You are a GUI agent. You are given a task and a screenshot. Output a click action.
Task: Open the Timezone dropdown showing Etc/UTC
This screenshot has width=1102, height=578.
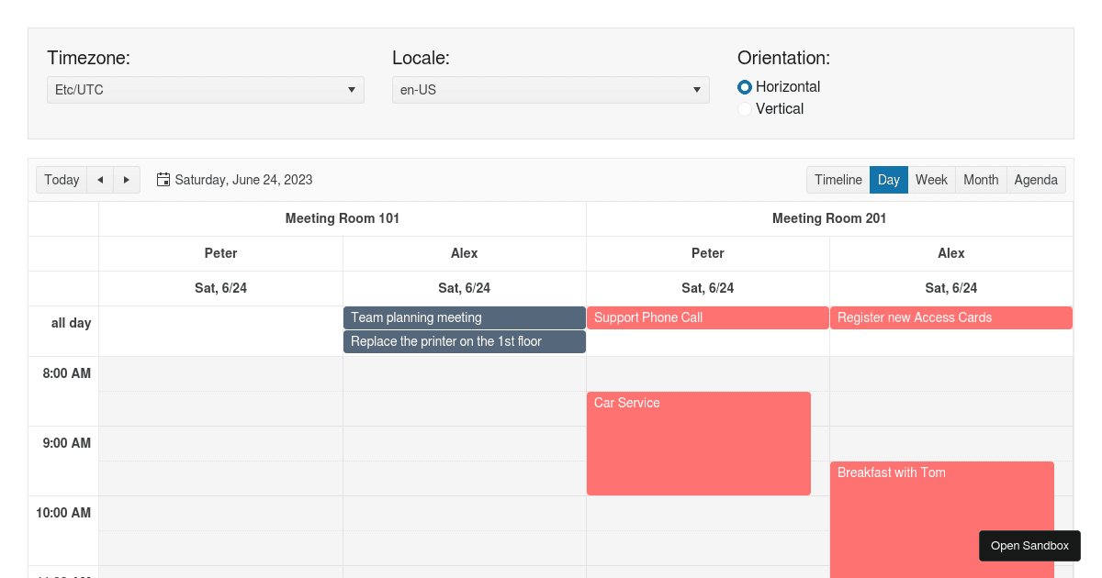[x=205, y=90]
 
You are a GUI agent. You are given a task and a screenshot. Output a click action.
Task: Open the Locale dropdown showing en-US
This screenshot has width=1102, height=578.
[x=550, y=90]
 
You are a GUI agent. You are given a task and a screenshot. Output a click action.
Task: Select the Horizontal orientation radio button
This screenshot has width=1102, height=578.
[x=745, y=87]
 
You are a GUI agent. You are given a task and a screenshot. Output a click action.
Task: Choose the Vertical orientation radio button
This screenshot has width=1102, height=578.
[x=745, y=109]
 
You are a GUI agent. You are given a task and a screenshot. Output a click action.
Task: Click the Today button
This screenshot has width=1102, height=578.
[x=62, y=180]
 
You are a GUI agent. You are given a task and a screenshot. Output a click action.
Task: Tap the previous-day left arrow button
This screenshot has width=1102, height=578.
[x=100, y=180]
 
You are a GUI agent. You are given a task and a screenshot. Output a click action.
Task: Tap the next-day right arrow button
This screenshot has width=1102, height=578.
[x=127, y=180]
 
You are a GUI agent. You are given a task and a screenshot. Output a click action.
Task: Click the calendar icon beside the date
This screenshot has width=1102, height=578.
[x=163, y=180]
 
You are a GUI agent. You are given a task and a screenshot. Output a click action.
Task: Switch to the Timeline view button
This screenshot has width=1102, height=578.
[x=838, y=180]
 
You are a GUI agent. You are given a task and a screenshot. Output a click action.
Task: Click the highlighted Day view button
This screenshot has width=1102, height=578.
[x=888, y=180]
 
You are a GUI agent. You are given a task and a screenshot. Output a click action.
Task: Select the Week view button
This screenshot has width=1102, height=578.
[x=931, y=180]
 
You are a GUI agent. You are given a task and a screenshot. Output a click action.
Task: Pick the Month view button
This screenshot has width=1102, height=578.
[x=981, y=180]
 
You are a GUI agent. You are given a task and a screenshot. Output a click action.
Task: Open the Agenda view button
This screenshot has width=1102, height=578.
[x=1036, y=180]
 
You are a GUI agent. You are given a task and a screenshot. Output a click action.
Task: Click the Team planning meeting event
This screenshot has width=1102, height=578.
[x=464, y=317]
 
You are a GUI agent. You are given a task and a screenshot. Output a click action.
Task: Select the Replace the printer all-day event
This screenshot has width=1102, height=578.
[x=464, y=341]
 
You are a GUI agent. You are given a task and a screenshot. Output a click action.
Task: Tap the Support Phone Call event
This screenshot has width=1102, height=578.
[x=707, y=317]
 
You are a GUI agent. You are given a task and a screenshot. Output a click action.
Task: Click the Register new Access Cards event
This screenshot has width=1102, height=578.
[x=950, y=317]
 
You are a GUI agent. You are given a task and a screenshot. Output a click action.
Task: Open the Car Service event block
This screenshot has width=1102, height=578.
[x=698, y=444]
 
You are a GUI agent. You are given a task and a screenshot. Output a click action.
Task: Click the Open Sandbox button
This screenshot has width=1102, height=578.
[x=1029, y=546]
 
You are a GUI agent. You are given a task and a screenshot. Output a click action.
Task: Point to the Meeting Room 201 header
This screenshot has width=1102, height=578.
[x=829, y=218]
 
